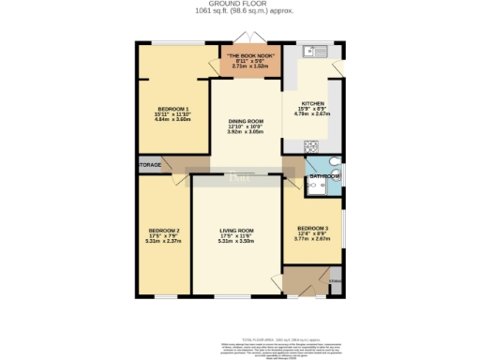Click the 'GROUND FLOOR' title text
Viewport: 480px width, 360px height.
tap(240, 4)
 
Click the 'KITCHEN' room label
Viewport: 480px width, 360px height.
tap(312, 103)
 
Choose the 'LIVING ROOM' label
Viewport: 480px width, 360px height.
tap(237, 230)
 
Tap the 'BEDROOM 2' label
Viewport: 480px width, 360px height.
tap(163, 230)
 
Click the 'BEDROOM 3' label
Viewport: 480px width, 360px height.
tap(312, 228)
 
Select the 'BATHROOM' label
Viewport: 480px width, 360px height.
tap(324, 175)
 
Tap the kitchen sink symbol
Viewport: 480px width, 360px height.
tap(316, 50)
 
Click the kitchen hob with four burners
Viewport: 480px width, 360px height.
tap(311, 145)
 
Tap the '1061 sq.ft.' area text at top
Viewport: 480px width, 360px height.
tap(216, 11)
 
